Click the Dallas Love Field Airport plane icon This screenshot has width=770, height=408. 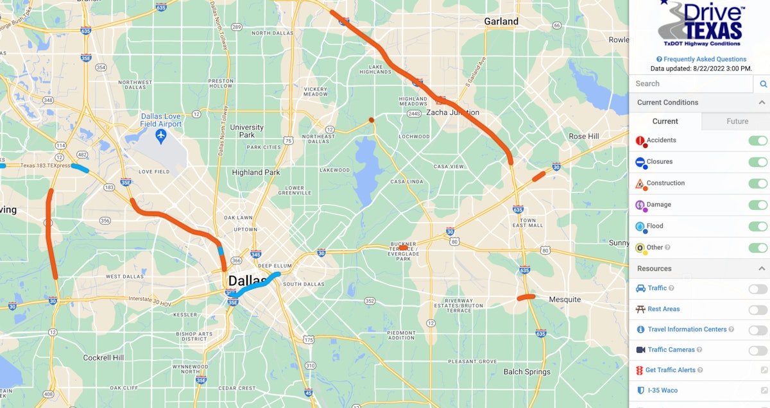click(160, 136)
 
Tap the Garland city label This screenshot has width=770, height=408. click(501, 21)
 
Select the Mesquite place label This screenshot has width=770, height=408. click(565, 299)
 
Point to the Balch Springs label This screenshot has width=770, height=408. click(527, 371)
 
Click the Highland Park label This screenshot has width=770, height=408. click(256, 172)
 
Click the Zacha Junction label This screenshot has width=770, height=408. click(453, 112)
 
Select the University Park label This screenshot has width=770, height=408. click(247, 131)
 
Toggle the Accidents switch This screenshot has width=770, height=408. click(758, 140)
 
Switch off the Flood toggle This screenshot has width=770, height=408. click(758, 226)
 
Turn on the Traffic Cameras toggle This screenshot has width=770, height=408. click(758, 350)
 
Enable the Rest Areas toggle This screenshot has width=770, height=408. click(758, 309)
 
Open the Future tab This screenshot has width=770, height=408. click(737, 121)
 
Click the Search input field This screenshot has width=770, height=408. click(690, 83)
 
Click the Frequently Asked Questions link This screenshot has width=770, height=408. click(701, 59)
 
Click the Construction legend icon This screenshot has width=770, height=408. click(640, 184)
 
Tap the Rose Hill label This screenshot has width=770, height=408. click(583, 136)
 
